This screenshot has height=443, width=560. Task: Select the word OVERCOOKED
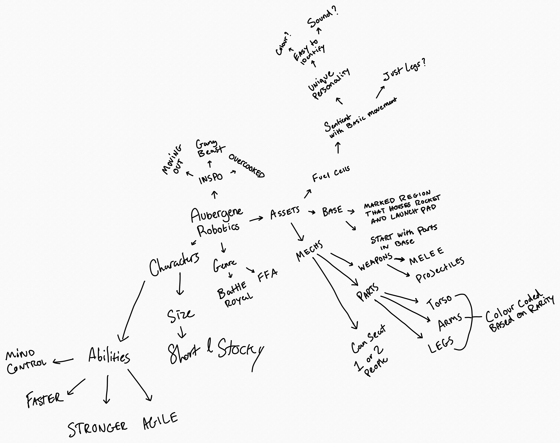246,166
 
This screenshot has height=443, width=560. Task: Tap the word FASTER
45,399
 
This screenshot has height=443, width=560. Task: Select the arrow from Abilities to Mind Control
63,361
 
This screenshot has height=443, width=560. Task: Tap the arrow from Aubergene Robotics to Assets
256,219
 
